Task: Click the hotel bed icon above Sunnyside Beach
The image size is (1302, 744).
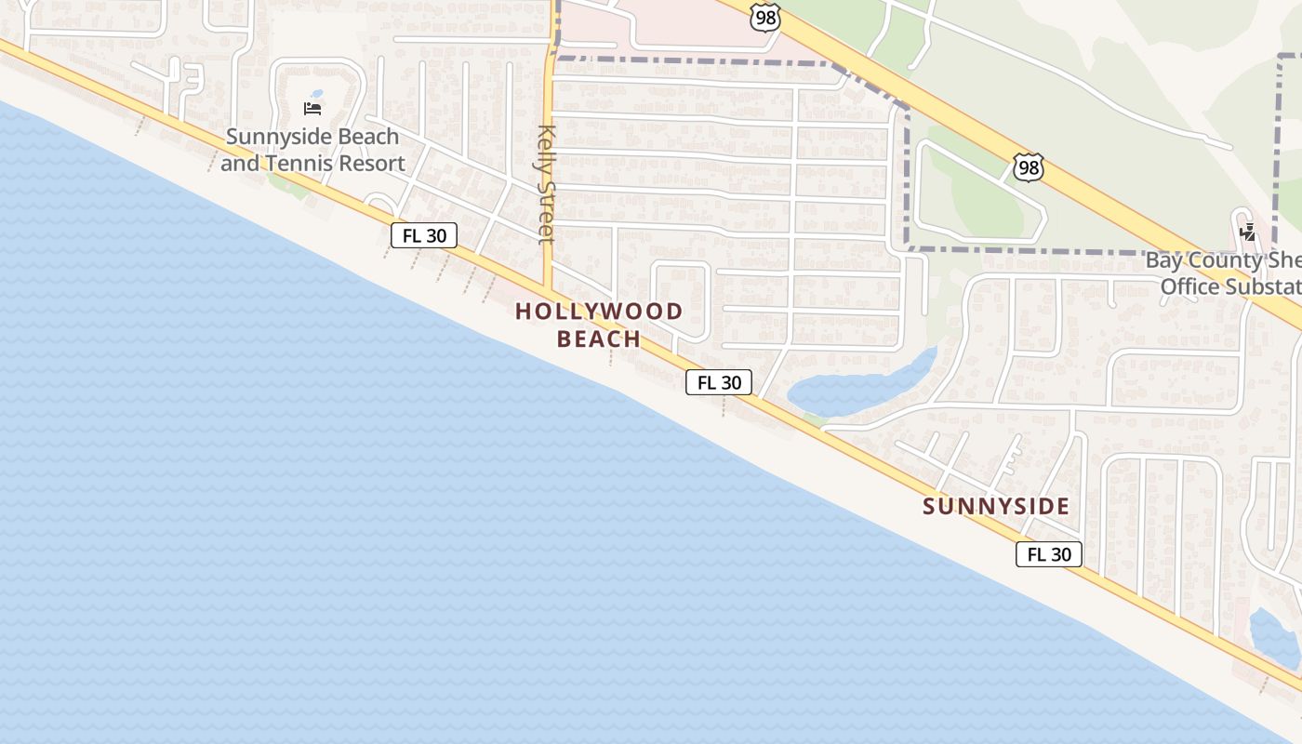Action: pos(312,109)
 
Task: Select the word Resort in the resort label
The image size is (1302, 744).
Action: pos(371,164)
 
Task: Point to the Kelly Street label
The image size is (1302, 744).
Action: pos(546,184)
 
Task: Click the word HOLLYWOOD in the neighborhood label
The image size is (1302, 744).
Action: pos(599,312)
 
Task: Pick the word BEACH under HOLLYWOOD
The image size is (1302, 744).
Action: pos(599,339)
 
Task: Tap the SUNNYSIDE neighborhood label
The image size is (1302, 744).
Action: pos(996,507)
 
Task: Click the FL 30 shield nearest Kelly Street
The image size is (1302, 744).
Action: pos(424,235)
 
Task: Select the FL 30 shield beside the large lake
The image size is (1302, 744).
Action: pos(719,382)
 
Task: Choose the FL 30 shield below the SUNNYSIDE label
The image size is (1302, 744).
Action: pos(1049,554)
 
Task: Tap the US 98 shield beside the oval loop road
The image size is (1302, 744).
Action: pos(1029,168)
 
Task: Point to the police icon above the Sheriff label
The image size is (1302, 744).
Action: pos(1248,232)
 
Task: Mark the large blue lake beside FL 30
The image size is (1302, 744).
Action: pos(856,389)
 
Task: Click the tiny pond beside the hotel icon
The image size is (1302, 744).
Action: pos(317,94)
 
